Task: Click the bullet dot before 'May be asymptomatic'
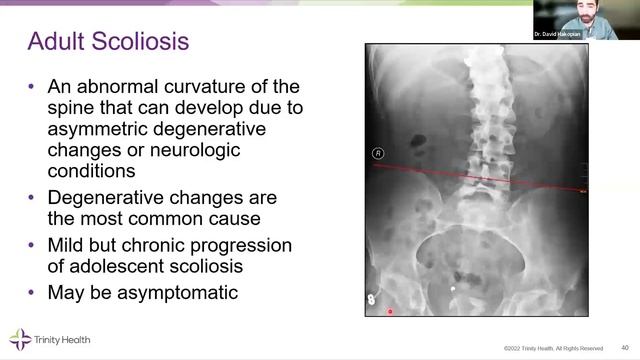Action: pos(34,293)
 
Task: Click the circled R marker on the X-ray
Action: pos(378,153)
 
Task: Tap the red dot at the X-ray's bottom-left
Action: pos(390,311)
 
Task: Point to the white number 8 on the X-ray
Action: pos(371,298)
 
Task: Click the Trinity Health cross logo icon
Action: pos(19,338)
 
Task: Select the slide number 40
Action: pos(625,347)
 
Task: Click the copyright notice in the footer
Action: pos(553,348)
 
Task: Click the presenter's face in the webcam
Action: pos(579,17)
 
